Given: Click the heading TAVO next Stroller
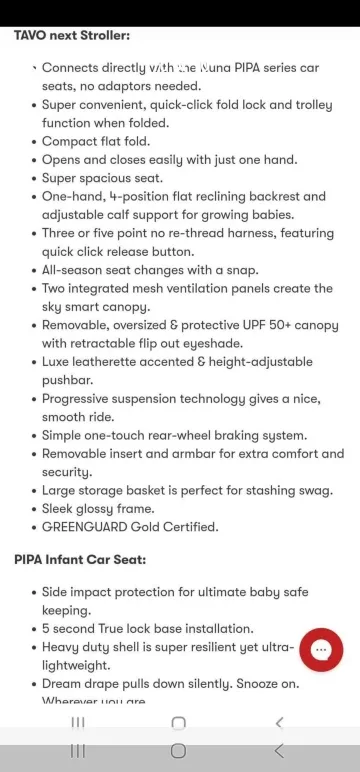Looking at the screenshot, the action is (x=71, y=35).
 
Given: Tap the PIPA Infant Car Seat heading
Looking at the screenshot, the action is (x=80, y=559).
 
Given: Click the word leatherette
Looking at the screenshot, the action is (x=108, y=362).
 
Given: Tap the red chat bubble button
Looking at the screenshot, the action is (x=321, y=650).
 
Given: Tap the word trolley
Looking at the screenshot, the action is (x=315, y=104).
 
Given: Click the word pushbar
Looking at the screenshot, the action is (x=68, y=380).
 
